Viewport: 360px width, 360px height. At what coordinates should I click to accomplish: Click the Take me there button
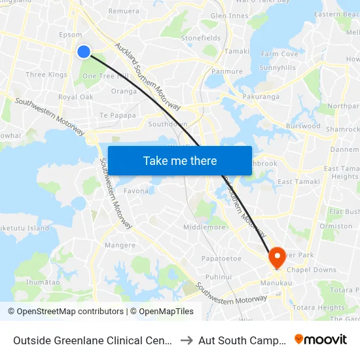pyautogui.click(x=180, y=161)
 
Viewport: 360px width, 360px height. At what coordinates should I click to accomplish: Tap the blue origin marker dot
pyautogui.click(x=84, y=51)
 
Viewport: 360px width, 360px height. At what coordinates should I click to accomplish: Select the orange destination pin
pyautogui.click(x=276, y=256)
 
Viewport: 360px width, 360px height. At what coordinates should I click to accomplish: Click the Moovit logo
pyautogui.click(x=320, y=339)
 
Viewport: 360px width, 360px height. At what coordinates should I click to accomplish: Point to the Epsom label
pyautogui.click(x=70, y=35)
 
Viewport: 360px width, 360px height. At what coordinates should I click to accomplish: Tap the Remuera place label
pyautogui.click(x=124, y=11)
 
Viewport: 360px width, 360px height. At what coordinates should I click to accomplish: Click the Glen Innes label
pyautogui.click(x=229, y=16)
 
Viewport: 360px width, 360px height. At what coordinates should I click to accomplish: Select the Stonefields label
pyautogui.click(x=200, y=39)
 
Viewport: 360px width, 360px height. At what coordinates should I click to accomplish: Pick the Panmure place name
pyautogui.click(x=227, y=71)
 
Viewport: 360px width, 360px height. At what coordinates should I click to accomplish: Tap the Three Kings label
pyautogui.click(x=46, y=75)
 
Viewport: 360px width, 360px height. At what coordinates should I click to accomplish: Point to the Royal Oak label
pyautogui.click(x=76, y=97)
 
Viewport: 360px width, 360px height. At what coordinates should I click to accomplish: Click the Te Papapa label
pyautogui.click(x=118, y=115)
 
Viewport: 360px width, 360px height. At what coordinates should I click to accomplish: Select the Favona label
pyautogui.click(x=136, y=191)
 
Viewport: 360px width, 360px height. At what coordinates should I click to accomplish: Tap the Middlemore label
pyautogui.click(x=204, y=227)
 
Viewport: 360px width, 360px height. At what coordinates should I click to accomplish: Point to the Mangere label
pyautogui.click(x=120, y=245)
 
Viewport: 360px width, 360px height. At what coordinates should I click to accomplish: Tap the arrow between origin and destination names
pyautogui.click(x=186, y=340)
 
